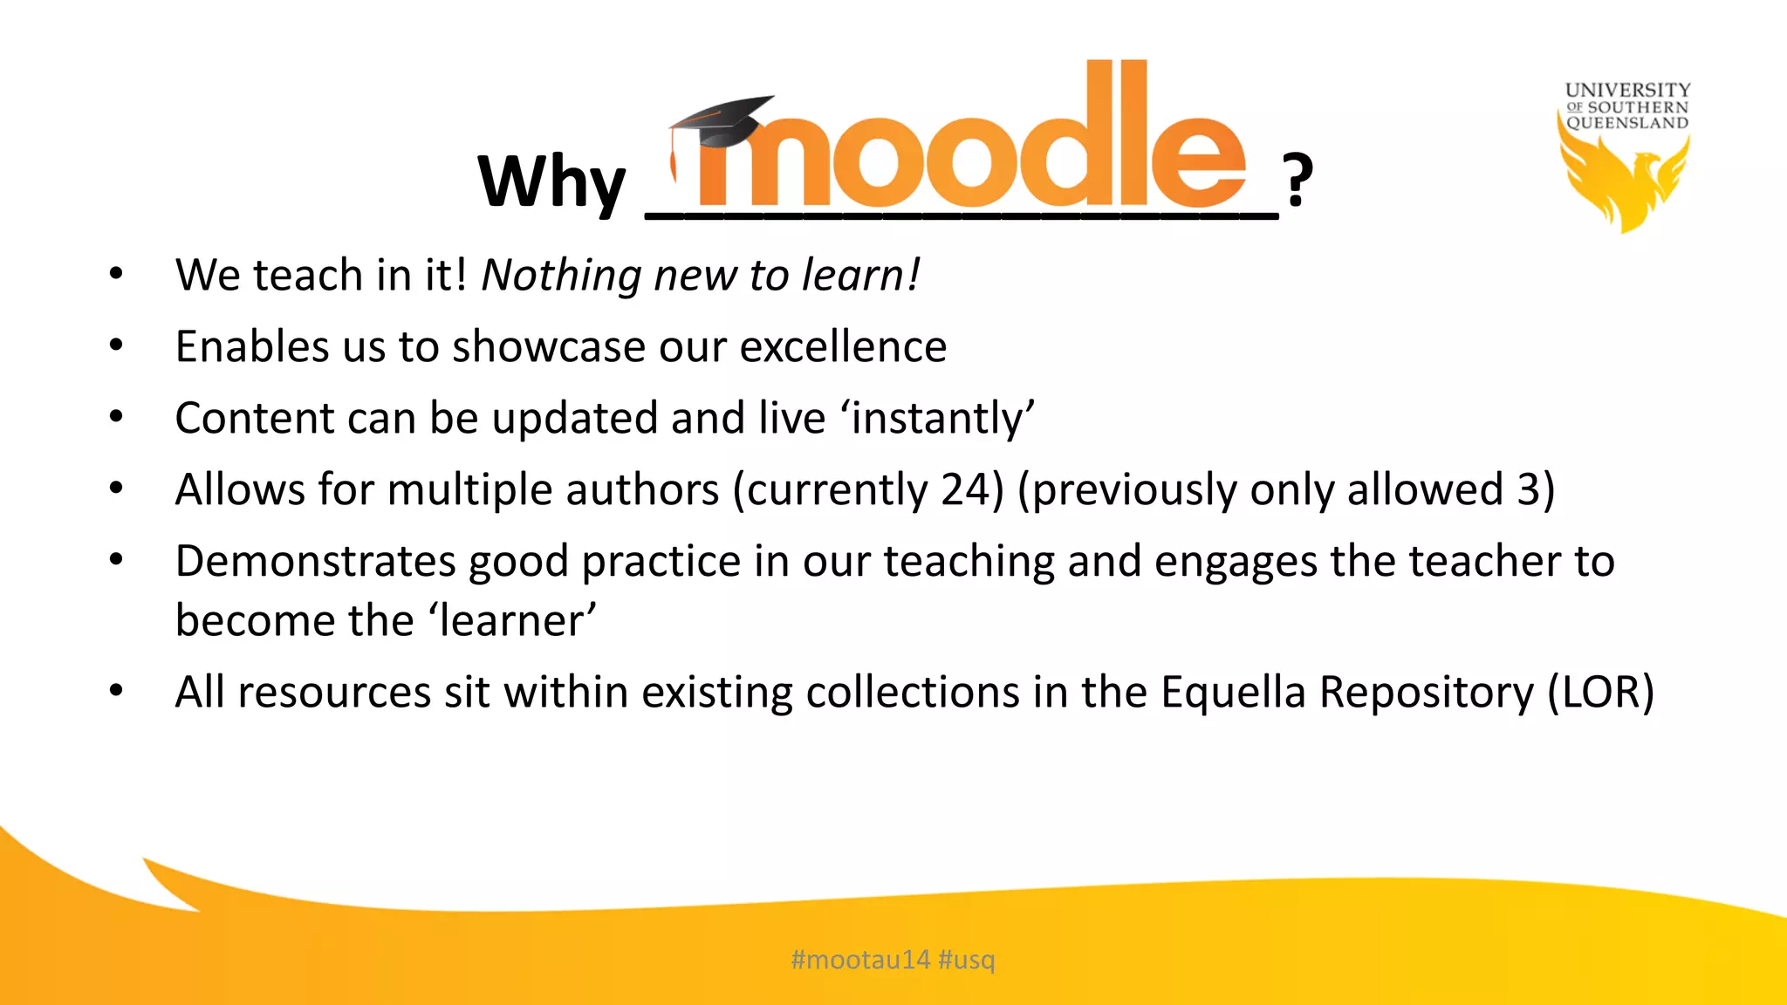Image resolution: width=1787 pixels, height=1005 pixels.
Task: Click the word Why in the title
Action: point(551,181)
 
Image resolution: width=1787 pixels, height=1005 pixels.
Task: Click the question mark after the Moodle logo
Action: point(1297,180)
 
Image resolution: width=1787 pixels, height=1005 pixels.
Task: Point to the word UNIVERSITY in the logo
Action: point(1627,90)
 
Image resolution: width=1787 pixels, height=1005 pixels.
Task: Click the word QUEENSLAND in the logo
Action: point(1627,123)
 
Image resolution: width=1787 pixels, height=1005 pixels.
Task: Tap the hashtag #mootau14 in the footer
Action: point(860,960)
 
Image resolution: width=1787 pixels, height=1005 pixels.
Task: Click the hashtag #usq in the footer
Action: point(967,960)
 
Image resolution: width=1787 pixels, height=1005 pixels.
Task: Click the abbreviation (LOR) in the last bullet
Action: point(1600,692)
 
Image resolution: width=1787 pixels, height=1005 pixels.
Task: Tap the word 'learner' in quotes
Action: point(512,620)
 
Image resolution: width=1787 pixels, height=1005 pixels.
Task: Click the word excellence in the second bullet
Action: point(843,346)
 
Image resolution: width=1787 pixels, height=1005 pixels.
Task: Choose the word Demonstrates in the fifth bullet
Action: point(315,561)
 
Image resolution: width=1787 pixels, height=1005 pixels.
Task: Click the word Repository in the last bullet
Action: point(1426,692)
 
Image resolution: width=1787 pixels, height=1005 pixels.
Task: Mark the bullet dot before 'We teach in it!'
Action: point(116,275)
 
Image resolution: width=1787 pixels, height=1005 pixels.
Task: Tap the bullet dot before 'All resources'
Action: point(116,691)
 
